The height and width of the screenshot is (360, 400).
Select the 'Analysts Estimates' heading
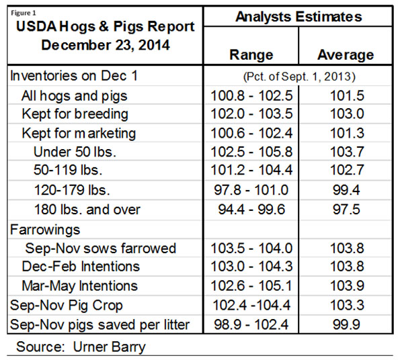pyautogui.click(x=299, y=16)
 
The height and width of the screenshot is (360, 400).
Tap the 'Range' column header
pyautogui.click(x=251, y=54)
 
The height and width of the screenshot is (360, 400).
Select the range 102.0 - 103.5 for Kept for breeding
pyautogui.click(x=251, y=114)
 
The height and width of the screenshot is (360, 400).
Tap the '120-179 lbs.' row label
pyautogui.click(x=73, y=191)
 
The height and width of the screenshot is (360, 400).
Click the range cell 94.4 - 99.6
pyautogui.click(x=251, y=210)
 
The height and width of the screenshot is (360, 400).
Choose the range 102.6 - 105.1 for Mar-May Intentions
pyautogui.click(x=251, y=286)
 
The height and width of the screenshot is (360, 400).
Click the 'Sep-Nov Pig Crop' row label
pyautogui.click(x=65, y=306)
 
